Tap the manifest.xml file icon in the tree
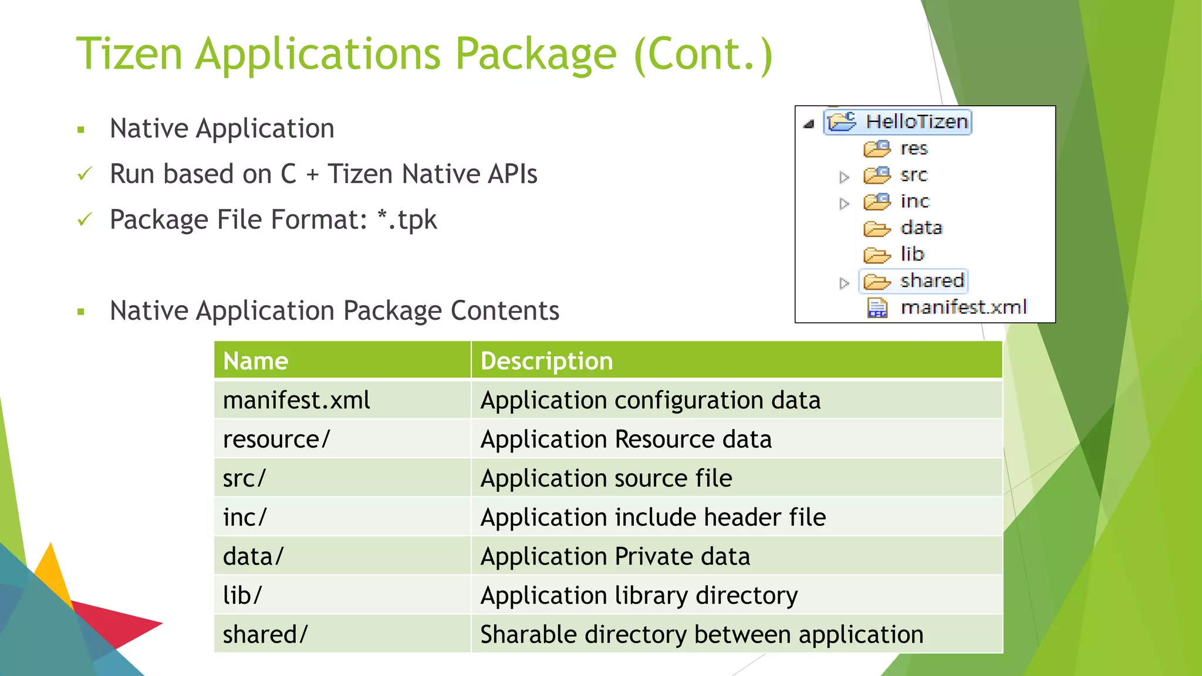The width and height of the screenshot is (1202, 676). coord(877,307)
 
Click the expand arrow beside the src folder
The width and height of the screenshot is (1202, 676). coord(844,177)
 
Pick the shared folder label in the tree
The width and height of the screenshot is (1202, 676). coord(932,280)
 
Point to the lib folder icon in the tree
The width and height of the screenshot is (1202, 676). coord(877,255)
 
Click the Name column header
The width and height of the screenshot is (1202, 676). coord(255,360)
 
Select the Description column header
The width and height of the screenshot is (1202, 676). coord(546,360)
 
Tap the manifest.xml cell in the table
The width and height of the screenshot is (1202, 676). coord(296,400)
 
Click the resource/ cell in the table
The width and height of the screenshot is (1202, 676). coord(276,439)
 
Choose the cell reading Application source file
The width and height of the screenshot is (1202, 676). coord(606,478)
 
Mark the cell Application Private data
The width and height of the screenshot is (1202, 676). coord(615,556)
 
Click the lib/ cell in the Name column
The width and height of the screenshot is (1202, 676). coord(242,595)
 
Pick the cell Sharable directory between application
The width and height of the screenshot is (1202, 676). coord(701,634)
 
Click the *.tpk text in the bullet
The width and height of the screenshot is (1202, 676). coord(407,220)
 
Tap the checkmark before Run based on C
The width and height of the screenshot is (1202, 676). coord(85,174)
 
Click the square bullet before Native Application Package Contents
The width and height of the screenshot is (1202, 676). coord(81,312)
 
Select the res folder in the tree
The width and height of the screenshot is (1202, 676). coord(913,148)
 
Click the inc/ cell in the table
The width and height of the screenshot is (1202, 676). coord(245,517)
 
